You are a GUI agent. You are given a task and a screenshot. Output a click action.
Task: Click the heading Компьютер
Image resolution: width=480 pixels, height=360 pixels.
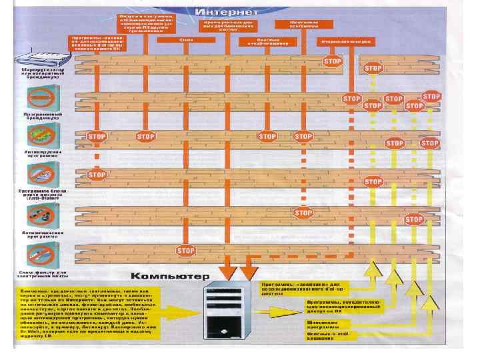point(169,275)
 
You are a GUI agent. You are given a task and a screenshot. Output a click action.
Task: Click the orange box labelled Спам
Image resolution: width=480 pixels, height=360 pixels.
point(186,41)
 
